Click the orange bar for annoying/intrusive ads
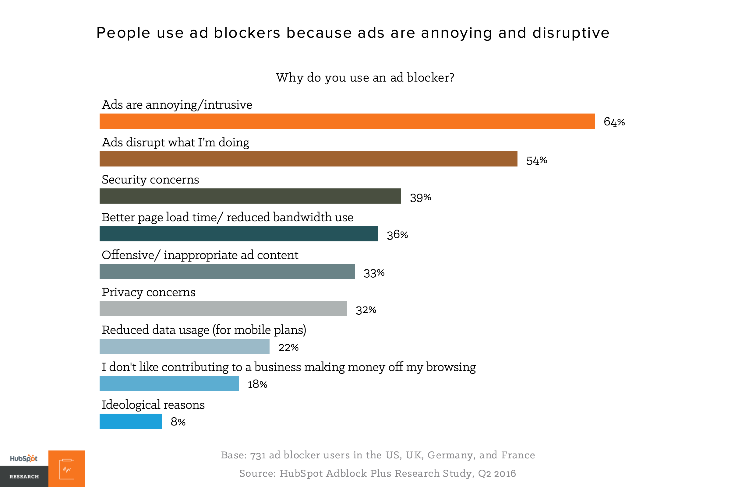pos(347,121)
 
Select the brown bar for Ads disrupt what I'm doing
pos(308,159)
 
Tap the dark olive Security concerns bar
pos(250,196)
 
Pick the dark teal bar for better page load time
pos(239,233)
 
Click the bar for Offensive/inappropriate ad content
pos(227,272)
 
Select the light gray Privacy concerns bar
pos(223,308)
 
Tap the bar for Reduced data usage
pos(184,346)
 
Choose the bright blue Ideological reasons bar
pos(131,421)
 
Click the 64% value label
pos(614,122)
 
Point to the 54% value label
pos(536,160)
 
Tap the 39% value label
pos(420,198)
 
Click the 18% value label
pos(257,384)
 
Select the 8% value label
pos(178,422)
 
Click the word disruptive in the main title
pos(570,33)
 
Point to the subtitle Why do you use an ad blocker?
pos(365,77)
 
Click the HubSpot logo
pos(24,458)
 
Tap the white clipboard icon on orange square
pos(67,469)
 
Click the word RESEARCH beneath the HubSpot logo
pos(24,476)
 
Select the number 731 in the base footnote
pos(258,455)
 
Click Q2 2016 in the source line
pos(497,473)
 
